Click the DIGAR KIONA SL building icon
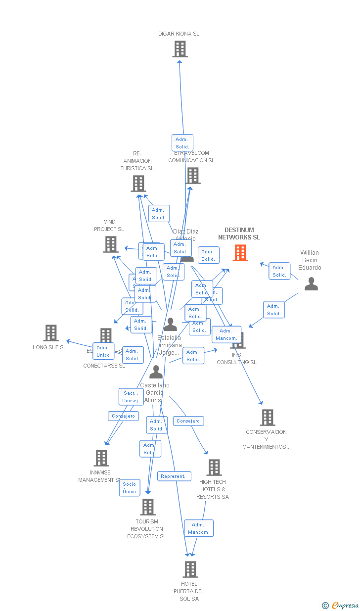tap(180, 49)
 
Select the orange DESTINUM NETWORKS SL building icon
tap(240, 253)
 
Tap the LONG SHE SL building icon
tap(51, 333)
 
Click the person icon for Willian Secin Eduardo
tap(311, 283)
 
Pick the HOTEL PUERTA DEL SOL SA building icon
tap(190, 569)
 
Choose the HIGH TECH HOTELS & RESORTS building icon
tap(214, 468)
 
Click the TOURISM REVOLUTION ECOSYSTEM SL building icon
tap(147, 507)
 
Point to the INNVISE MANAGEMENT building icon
tap(101, 458)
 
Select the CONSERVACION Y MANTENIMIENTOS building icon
tap(267, 418)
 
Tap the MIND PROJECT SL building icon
tap(111, 244)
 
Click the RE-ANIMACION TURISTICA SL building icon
tap(138, 184)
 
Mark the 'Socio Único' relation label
tap(130, 488)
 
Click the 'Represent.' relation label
tap(174, 476)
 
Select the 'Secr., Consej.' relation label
tap(131, 397)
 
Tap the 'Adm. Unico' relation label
tap(103, 351)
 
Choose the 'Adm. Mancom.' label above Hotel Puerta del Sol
tap(199, 528)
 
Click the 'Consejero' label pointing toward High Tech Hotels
tap(188, 421)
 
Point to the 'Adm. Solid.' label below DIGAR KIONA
tap(182, 143)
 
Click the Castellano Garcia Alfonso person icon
tap(156, 372)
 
